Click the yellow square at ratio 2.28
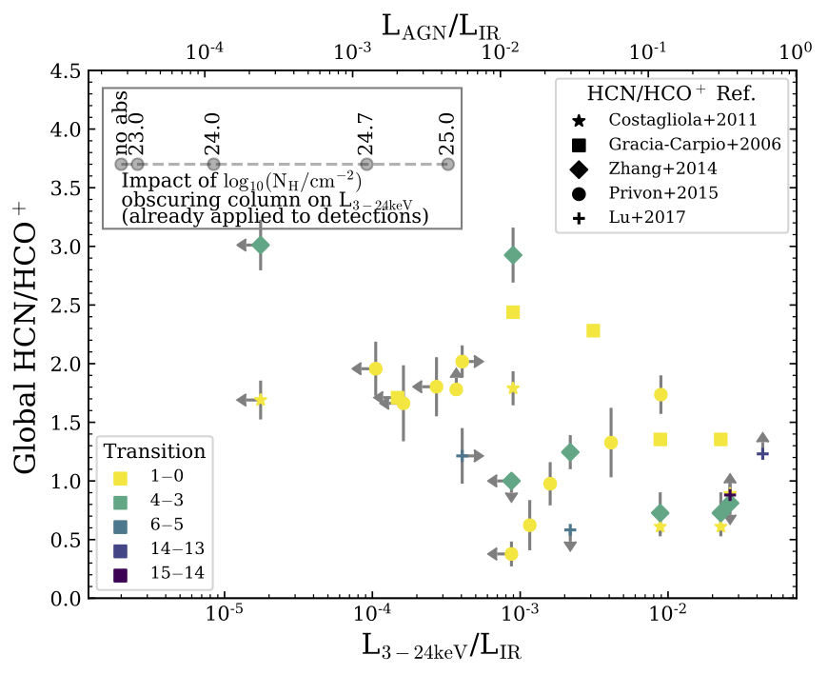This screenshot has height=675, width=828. click(593, 330)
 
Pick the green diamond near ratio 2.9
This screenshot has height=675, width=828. click(513, 255)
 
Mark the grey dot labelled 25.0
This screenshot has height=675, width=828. click(447, 165)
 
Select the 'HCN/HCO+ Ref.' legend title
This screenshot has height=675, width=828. click(671, 94)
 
